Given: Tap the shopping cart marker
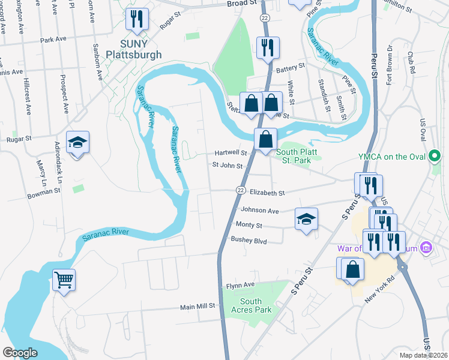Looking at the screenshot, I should (64, 280).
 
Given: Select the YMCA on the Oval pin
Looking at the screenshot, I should (435, 157).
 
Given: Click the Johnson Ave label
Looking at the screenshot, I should (260, 211).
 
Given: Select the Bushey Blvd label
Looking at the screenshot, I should (248, 240).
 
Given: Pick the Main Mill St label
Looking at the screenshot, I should (197, 307).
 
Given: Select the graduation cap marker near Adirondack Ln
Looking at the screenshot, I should (77, 143).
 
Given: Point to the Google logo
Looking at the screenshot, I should (19, 353).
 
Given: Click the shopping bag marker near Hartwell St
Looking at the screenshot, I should (265, 140).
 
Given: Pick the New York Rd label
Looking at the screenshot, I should (385, 284).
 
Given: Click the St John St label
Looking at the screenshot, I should (228, 166).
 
